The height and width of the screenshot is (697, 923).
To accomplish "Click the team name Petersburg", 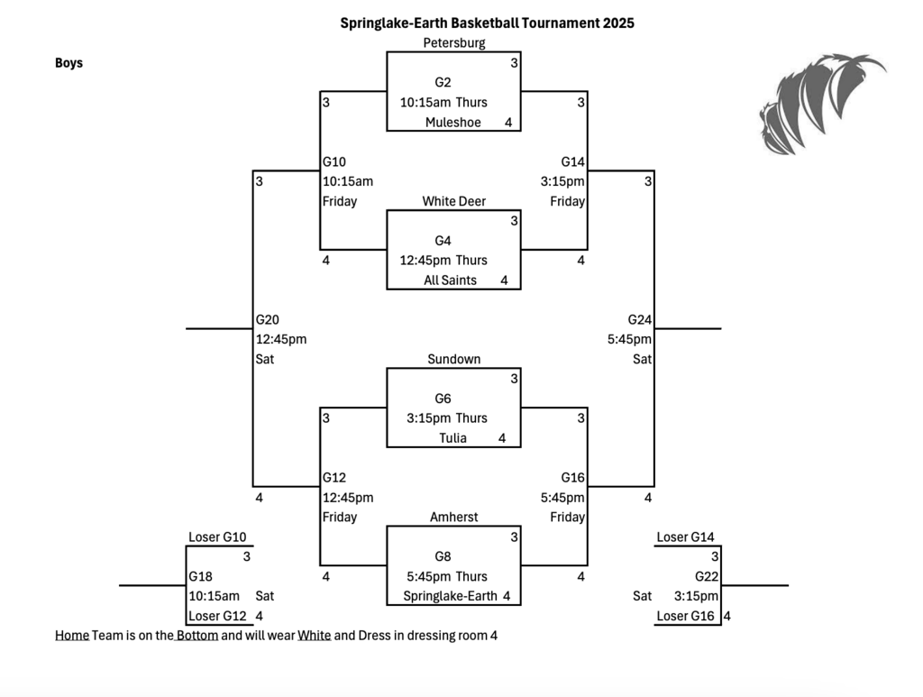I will pos(453,42).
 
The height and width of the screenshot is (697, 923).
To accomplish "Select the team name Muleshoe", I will pos(453,123).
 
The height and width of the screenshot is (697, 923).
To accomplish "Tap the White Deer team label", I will pos(453,201).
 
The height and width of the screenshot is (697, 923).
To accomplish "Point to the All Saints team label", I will pos(450,280).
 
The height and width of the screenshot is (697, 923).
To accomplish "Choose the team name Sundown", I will pos(453,359).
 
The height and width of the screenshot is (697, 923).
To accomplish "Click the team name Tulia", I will pos(453,438).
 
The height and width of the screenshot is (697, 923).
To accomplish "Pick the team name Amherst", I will pos(453,517).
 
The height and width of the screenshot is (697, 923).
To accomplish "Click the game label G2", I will pos(443,82).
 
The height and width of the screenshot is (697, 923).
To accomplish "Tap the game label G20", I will pos(268,319).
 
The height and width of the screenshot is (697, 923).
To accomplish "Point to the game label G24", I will pos(640,319).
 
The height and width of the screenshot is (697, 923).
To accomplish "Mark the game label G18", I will pos(200,576).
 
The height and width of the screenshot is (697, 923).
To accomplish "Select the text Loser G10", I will pos(217,537).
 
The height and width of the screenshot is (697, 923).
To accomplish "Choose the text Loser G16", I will pos(686,617).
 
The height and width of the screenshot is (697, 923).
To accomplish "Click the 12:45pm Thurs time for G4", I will pos(443,261).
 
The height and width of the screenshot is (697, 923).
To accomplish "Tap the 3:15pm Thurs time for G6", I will pos(447,418).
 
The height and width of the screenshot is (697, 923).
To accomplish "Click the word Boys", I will pos(69,63).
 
